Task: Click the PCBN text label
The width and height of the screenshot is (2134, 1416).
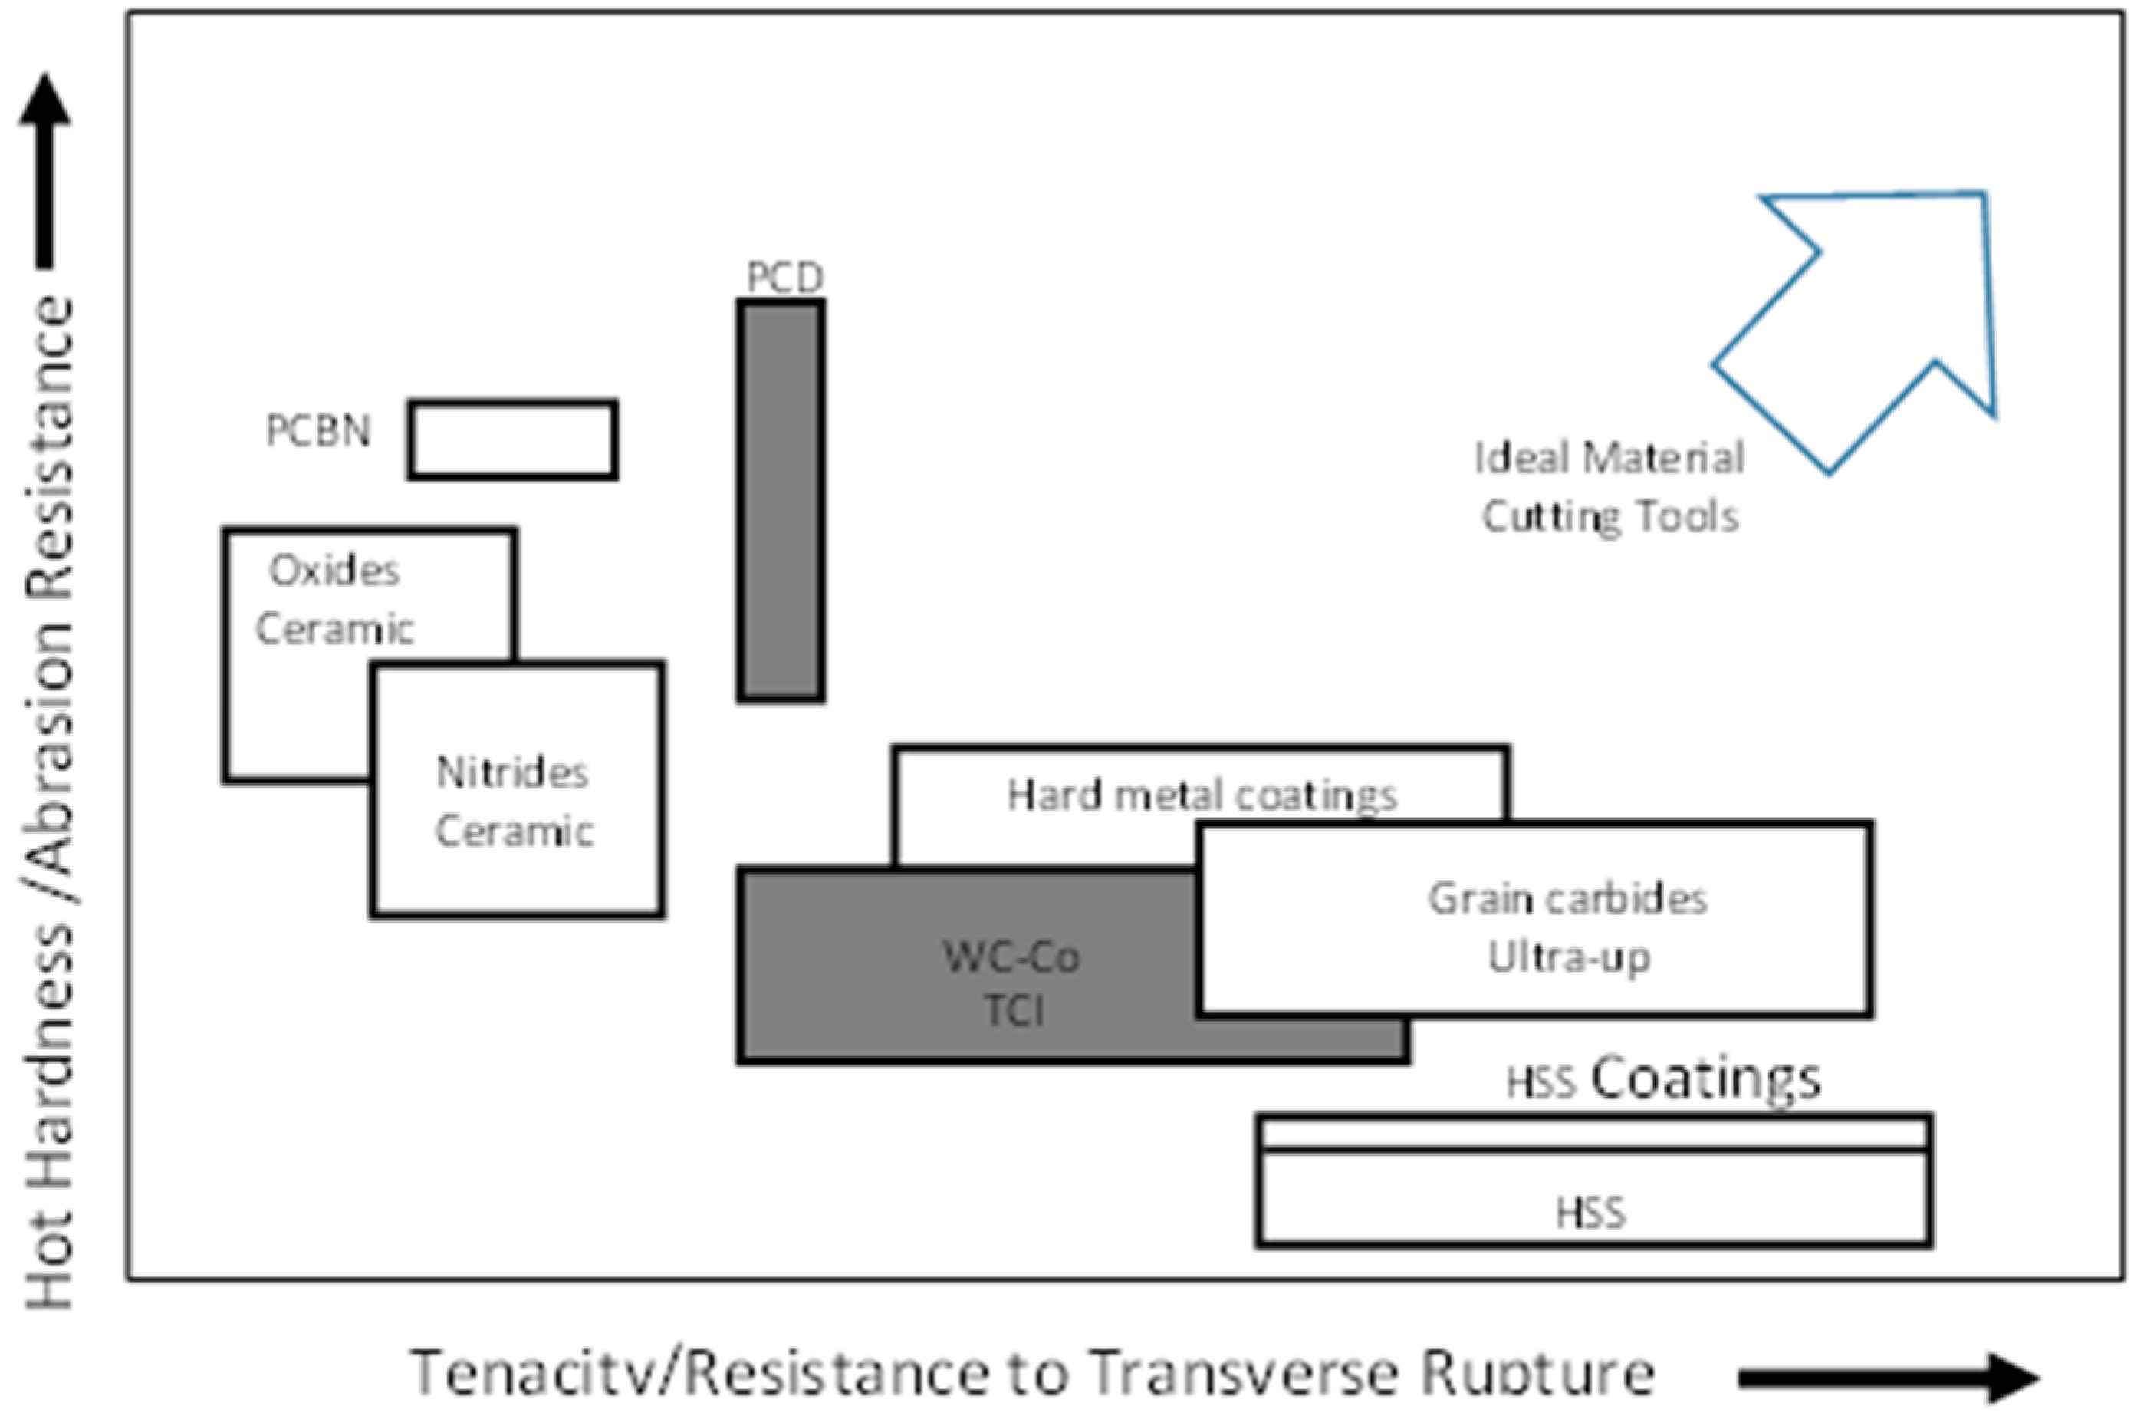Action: (317, 431)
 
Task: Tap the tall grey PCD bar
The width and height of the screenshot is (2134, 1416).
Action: (781, 501)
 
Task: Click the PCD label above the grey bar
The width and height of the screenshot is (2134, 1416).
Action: (784, 277)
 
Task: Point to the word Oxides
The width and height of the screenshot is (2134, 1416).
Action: (334, 571)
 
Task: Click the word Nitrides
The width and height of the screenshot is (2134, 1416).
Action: (511, 773)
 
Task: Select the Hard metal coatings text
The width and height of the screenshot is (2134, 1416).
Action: (1202, 795)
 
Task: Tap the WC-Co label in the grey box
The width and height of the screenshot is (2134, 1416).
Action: (1011, 957)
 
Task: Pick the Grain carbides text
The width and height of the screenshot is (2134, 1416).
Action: (1567, 898)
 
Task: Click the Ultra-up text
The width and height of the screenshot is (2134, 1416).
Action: (1569, 957)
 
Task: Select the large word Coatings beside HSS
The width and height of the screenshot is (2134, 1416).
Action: (1705, 1079)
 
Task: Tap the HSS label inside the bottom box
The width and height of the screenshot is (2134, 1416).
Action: (1590, 1213)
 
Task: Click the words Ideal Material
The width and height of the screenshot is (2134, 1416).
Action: (1610, 458)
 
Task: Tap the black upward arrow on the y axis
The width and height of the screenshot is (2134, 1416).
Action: (44, 172)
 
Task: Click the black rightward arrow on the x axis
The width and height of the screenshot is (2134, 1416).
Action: (1886, 1377)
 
